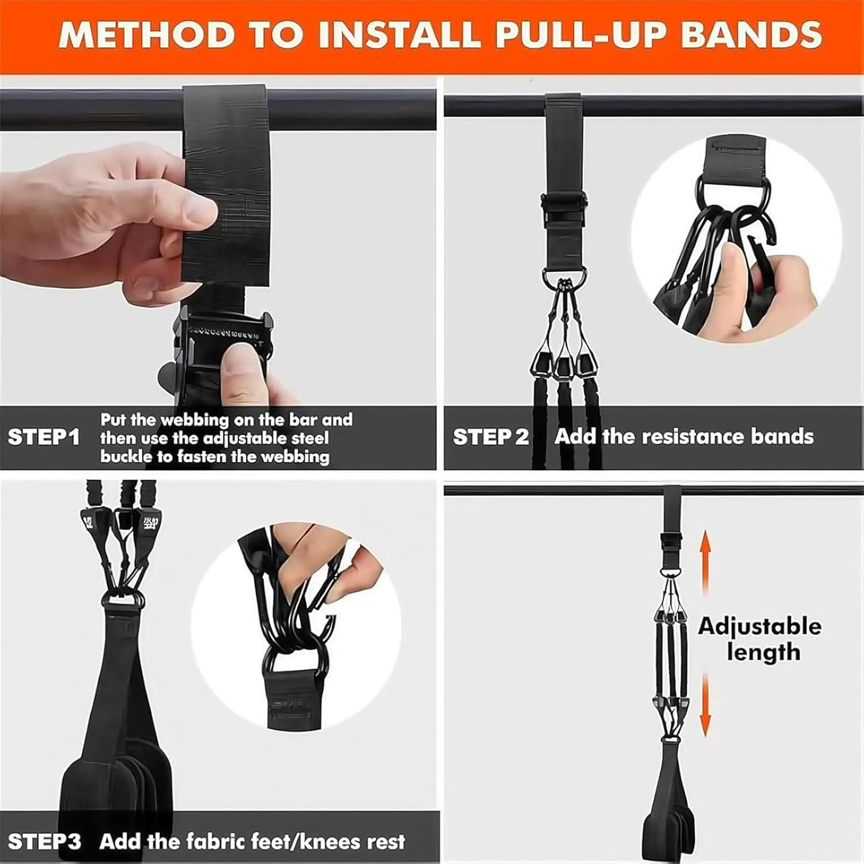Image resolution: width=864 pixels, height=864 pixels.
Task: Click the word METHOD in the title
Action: pyautogui.click(x=146, y=35)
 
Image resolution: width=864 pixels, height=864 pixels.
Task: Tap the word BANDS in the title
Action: pyautogui.click(x=751, y=35)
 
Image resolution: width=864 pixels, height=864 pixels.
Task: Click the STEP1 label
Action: pyautogui.click(x=44, y=437)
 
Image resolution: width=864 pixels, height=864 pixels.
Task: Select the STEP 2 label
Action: pyautogui.click(x=490, y=437)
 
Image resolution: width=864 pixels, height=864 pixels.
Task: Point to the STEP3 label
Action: pyautogui.click(x=44, y=842)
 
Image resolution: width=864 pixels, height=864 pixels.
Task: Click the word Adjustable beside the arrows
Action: pyautogui.click(x=760, y=627)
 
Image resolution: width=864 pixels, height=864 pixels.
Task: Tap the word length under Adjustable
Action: pyautogui.click(x=763, y=653)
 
